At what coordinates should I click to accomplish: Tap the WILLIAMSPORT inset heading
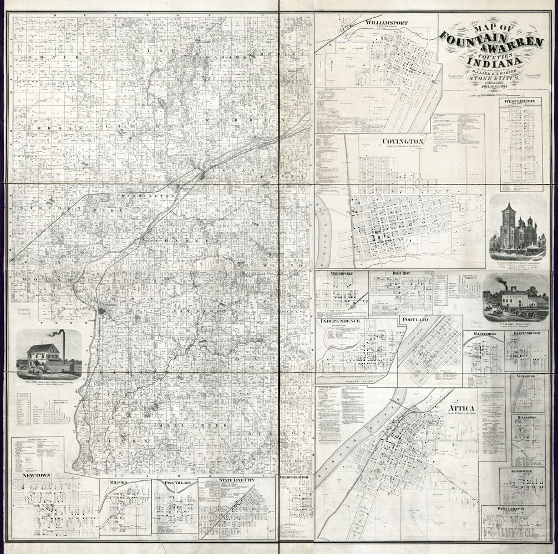(x=387, y=23)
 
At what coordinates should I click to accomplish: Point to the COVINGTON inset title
(x=403, y=141)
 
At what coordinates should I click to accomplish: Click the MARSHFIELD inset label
(x=336, y=274)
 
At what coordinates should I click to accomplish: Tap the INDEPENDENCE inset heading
(x=339, y=321)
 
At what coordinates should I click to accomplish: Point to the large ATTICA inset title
(x=461, y=408)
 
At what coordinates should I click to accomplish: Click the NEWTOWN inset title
(x=37, y=475)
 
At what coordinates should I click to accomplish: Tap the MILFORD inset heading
(x=119, y=483)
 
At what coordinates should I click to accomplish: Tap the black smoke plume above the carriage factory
(x=501, y=280)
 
